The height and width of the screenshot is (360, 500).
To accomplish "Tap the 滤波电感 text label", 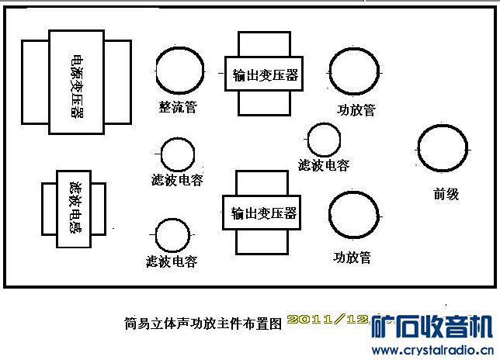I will point(75,207).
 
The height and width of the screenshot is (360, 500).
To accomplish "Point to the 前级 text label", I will point(446,194).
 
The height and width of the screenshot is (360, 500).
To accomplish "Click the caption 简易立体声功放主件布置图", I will point(201,320).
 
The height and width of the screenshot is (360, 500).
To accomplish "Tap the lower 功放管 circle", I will point(353,215).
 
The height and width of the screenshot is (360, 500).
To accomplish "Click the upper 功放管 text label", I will point(356,109).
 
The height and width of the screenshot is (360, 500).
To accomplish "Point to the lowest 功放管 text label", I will point(352,256).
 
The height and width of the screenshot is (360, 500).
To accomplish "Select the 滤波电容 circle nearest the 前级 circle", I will point(324,140).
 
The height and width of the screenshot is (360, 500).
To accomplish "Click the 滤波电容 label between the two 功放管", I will point(324,165).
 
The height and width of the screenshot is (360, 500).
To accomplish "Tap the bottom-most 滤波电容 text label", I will point(172,261).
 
